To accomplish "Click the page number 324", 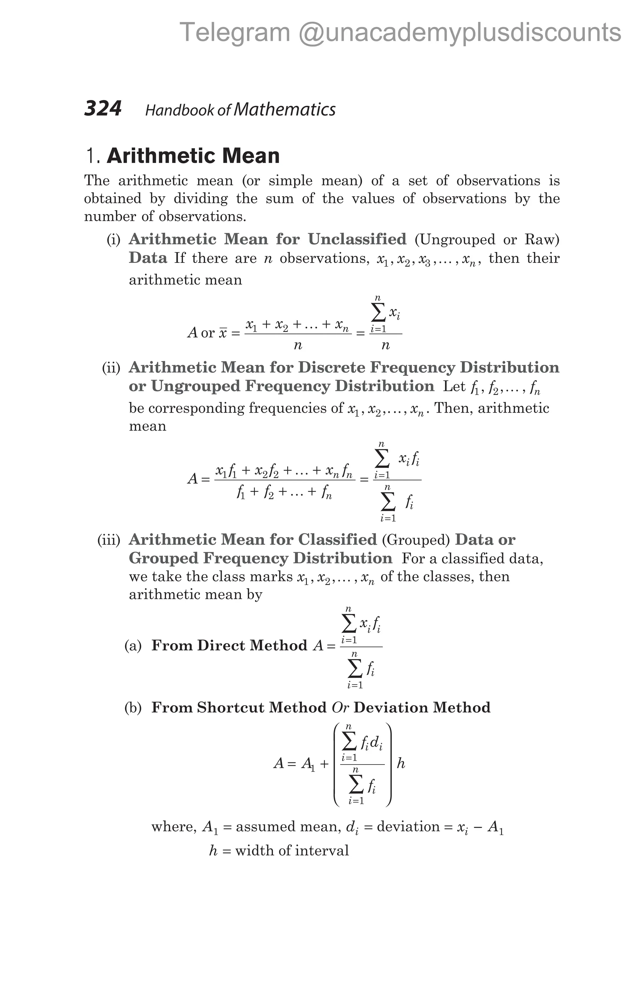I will click(x=103, y=109).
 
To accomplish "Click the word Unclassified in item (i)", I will click(x=357, y=239).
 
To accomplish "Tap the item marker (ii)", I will click(x=111, y=368).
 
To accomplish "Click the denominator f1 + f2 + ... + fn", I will click(x=284, y=493).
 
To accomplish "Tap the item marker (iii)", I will click(x=109, y=540).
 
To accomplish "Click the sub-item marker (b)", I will click(x=133, y=707).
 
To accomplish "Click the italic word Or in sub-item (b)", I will click(x=340, y=707).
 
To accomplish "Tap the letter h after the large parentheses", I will click(x=401, y=764).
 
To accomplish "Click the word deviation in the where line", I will click(x=408, y=827).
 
